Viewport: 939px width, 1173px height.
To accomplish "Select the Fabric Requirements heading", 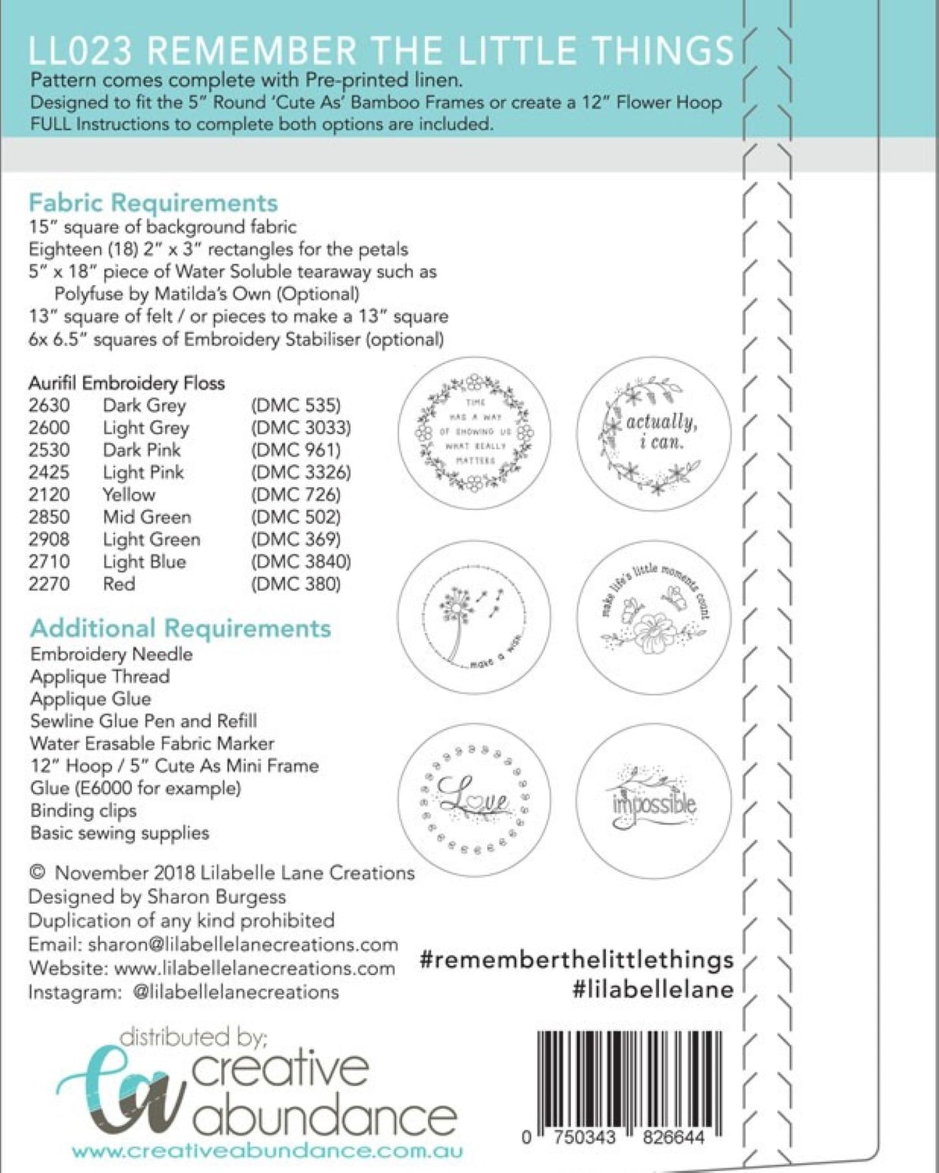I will pos(153,203).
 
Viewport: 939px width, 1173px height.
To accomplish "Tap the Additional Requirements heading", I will pos(181,628).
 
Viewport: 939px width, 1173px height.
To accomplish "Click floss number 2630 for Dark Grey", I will pos(49,406).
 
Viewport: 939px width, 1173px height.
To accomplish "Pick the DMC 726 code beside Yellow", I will pos(296,495).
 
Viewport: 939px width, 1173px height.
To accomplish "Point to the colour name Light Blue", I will pos(144,561).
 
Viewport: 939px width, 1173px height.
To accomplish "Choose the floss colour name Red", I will pos(119,584).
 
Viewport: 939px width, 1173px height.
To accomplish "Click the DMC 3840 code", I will pos(301,561).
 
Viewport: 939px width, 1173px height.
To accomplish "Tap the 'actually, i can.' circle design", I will pos(654,433).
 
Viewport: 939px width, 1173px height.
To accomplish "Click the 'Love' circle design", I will pos(473,800).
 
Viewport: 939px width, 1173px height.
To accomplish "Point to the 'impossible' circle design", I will pos(654,800).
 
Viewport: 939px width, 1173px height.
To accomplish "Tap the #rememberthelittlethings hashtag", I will pos(576,960).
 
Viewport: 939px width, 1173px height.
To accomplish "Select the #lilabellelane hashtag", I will pos(653,990).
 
